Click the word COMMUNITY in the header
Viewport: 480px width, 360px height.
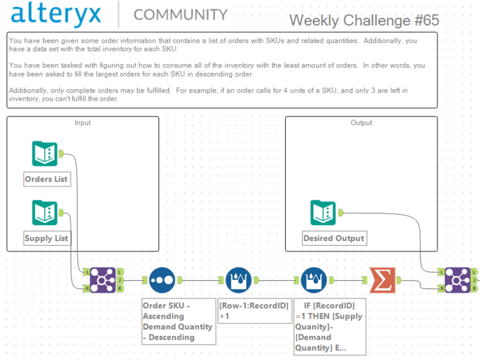pos(181,15)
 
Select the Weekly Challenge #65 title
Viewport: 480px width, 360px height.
pos(364,21)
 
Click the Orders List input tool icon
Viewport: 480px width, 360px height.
pos(45,154)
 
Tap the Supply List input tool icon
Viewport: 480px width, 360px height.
pos(45,213)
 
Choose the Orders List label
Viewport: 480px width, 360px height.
pos(47,179)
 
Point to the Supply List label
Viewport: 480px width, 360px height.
pos(47,238)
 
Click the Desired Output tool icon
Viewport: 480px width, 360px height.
pos(323,213)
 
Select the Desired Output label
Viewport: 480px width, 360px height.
pos(334,238)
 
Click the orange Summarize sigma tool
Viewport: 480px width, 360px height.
pos(382,280)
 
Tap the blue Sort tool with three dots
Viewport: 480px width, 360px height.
pos(162,280)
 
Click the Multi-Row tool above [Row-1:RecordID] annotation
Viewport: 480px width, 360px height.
pos(238,280)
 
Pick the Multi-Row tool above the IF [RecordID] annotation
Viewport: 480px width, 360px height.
pos(314,280)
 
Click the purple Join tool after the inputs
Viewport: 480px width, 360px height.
pos(103,280)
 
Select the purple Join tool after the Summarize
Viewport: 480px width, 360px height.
pos(457,280)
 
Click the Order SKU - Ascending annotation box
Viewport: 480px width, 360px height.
pos(179,322)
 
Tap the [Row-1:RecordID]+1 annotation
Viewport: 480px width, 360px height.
pos(255,311)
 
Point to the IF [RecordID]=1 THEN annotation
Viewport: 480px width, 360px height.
pos(330,327)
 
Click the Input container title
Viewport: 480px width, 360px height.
pos(83,123)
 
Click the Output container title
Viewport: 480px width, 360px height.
pos(361,123)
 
